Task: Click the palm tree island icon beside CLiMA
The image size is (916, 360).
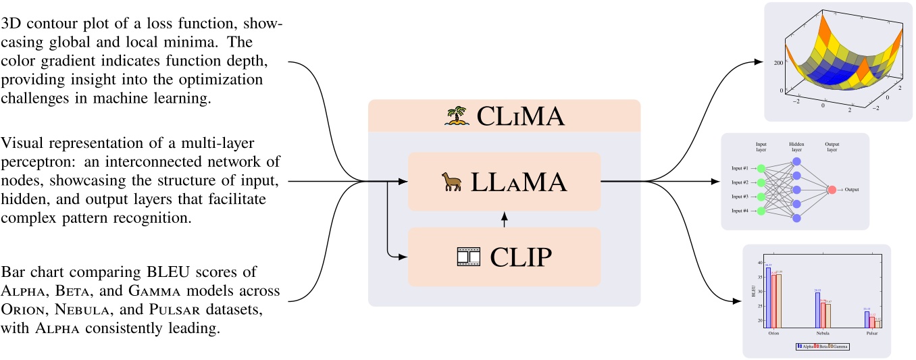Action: coord(457,116)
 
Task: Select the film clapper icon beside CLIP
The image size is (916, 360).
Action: coord(470,257)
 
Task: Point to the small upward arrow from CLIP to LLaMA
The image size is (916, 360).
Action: coord(504,220)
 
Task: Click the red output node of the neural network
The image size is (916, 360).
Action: coord(832,190)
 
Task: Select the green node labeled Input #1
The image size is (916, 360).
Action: coord(761,168)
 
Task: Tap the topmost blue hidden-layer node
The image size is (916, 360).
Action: coord(796,161)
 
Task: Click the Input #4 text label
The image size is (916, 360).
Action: coord(740,211)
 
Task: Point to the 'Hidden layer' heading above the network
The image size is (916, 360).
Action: coord(796,148)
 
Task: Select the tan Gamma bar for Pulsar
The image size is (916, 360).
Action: coord(877,323)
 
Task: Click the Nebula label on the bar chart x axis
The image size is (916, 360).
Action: coord(823,334)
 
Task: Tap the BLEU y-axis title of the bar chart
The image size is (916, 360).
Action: coord(755,292)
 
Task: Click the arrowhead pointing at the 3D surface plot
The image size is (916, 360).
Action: coord(758,62)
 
